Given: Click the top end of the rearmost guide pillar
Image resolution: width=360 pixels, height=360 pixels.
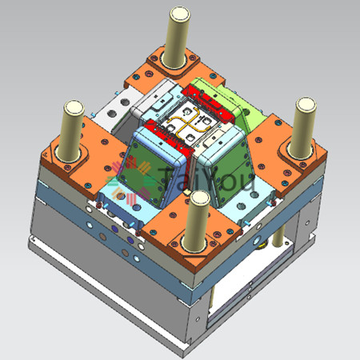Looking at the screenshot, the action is tap(180, 14).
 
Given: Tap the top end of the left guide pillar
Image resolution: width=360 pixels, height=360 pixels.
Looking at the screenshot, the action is tap(74, 107).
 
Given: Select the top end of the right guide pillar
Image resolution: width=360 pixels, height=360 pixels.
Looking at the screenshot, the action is tap(306, 105).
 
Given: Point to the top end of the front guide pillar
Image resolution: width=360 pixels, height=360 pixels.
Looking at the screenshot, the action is tap(200, 198).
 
